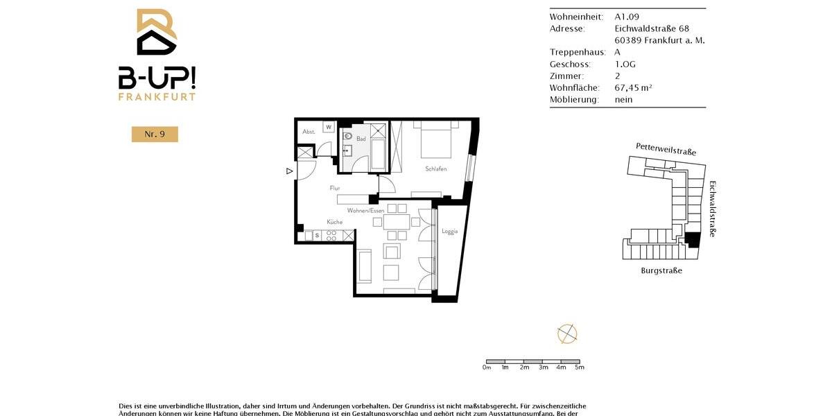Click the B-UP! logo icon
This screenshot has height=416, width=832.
[157, 32]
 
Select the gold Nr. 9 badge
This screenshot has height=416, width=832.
[155, 135]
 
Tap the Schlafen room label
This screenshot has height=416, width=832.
[436, 169]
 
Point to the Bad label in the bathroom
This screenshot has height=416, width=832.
[361, 139]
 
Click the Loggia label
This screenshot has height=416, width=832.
[450, 231]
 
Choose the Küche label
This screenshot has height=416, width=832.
[335, 222]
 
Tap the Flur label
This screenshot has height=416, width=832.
[335, 188]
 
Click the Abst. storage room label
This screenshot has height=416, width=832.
[309, 132]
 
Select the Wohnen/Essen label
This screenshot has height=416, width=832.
[365, 210]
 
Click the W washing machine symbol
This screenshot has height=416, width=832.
[329, 127]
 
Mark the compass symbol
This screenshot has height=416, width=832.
[567, 333]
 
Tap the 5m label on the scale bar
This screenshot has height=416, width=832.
[580, 367]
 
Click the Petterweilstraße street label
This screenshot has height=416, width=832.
[666, 149]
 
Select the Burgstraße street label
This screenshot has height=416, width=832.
[661, 270]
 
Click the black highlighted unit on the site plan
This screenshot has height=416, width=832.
[691, 240]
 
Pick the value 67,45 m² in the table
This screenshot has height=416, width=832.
[633, 87]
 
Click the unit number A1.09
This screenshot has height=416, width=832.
[627, 17]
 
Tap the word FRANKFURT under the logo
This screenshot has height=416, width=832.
[157, 97]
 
